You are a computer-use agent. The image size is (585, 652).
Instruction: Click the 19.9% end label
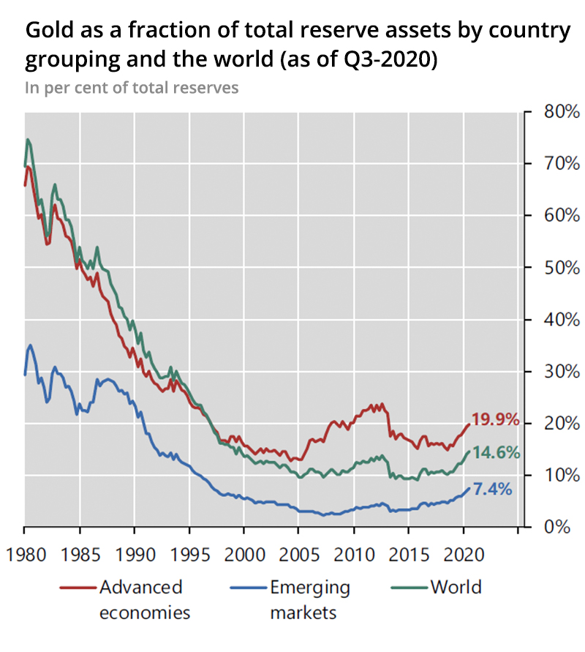pos(495,420)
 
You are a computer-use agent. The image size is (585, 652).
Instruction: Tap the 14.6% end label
pos(495,452)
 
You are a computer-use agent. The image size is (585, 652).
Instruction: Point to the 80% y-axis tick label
pos(562,112)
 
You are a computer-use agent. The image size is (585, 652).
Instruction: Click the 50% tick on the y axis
pos(562,268)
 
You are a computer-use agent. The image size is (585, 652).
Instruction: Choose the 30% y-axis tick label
pos(562,372)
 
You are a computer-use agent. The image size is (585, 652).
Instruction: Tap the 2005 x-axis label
pos(299,551)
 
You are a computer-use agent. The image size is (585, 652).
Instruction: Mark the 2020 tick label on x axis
pos(464,551)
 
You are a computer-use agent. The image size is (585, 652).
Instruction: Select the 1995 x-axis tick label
pos(189,551)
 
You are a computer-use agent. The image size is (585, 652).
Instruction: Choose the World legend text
pos(456,587)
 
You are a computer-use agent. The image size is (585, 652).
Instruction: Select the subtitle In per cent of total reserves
pos(132,89)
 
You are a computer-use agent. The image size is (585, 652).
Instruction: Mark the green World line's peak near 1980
pos(28,139)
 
